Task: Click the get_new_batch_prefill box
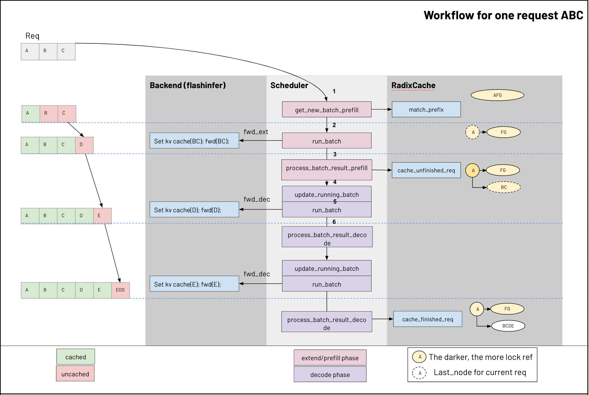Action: [327, 110]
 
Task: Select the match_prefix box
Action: [426, 110]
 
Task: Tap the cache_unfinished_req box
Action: [426, 170]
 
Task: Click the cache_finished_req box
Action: [427, 319]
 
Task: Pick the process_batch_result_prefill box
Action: [327, 170]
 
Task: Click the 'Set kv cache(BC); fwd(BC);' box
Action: [194, 141]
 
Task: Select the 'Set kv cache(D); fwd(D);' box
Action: [194, 210]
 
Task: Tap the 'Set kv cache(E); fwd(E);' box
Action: [194, 284]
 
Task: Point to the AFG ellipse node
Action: [497, 95]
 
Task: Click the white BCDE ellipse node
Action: [508, 326]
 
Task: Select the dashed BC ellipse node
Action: [503, 187]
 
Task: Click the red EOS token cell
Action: [121, 290]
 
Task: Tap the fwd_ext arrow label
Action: [256, 132]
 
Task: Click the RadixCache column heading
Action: [413, 86]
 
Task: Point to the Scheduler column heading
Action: [289, 86]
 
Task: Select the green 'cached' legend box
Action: [76, 357]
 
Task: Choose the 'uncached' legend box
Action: [75, 374]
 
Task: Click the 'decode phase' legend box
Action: [330, 375]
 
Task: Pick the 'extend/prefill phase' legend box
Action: [330, 358]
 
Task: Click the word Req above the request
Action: [32, 36]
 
